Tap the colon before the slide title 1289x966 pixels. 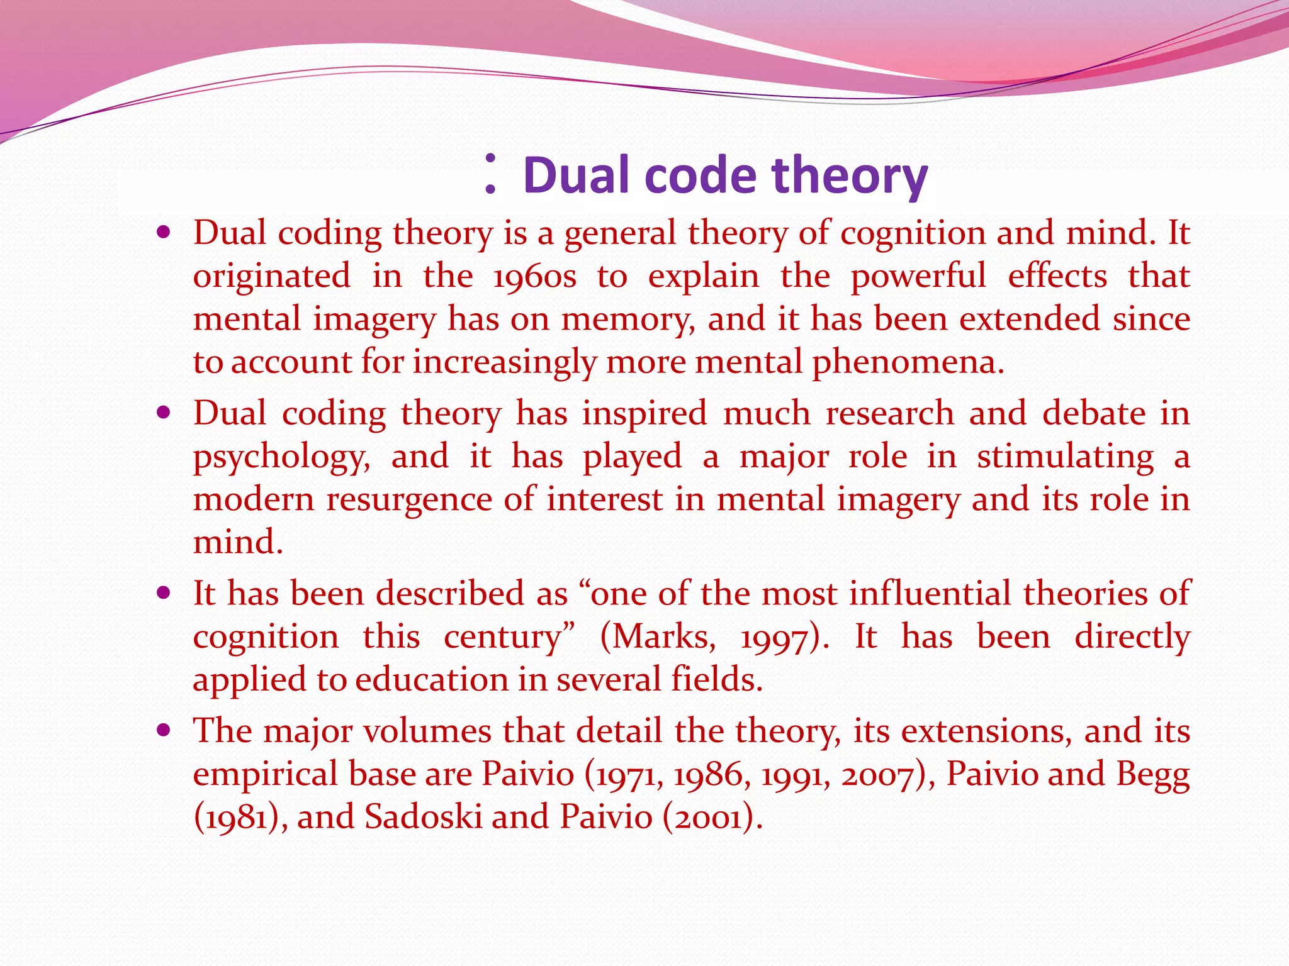[491, 174]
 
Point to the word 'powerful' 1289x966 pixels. [918, 277]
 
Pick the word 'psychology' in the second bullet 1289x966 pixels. [281, 457]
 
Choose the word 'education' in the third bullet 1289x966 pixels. [431, 680]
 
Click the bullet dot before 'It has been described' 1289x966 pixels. [164, 593]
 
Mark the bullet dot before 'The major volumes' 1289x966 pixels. [164, 730]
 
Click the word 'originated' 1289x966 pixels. [272, 277]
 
